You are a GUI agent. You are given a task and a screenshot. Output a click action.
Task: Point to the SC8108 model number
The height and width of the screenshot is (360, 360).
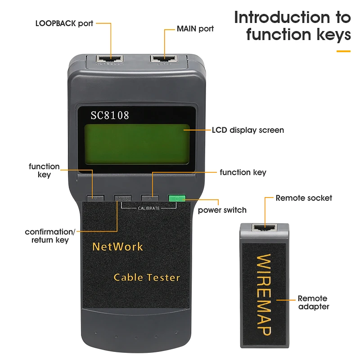pyautogui.click(x=110, y=116)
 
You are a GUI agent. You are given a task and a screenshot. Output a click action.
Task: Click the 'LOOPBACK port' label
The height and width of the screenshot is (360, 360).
pyautogui.click(x=64, y=23)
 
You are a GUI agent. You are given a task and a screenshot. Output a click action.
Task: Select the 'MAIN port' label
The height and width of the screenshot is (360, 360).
pyautogui.click(x=195, y=29)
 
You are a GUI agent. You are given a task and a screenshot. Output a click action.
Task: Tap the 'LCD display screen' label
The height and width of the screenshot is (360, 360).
pyautogui.click(x=248, y=130)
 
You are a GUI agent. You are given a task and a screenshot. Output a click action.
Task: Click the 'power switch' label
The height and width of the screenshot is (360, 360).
pyautogui.click(x=222, y=210)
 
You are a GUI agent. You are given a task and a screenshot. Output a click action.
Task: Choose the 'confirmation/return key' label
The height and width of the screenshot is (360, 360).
pyautogui.click(x=50, y=236)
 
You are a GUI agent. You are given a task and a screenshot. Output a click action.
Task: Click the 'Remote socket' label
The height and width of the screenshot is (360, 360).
pyautogui.click(x=304, y=198)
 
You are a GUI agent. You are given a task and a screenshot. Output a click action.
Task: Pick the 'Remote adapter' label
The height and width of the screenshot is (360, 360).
pyautogui.click(x=313, y=302)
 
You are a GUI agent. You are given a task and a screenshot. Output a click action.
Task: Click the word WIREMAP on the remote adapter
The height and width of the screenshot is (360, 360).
pyautogui.click(x=264, y=294)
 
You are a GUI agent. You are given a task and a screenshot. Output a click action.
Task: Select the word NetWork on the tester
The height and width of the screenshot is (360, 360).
pyautogui.click(x=117, y=247)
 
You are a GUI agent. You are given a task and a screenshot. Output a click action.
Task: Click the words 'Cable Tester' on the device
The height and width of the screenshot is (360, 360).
pyautogui.click(x=147, y=277)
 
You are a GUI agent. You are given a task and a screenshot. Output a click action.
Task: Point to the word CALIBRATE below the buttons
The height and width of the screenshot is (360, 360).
pyautogui.click(x=148, y=208)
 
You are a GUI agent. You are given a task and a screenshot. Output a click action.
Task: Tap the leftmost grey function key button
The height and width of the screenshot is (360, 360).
pyautogui.click(x=95, y=198)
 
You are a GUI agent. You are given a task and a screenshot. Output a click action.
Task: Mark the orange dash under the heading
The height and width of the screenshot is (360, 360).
pyautogui.click(x=343, y=51)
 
